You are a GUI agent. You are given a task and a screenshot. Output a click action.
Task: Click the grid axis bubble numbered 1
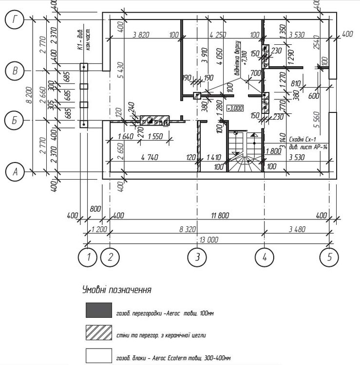click(x=88, y=257)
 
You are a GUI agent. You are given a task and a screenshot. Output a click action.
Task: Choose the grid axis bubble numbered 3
click(x=197, y=257)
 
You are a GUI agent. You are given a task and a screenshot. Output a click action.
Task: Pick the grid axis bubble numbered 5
click(x=329, y=257)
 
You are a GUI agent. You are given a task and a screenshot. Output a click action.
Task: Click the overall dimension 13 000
click(x=208, y=240)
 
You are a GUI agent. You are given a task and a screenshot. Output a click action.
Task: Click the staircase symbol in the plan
click(x=245, y=151)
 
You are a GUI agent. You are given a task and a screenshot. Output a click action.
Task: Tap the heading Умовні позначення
click(x=116, y=290)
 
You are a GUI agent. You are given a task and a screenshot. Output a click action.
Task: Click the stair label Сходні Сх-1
click(x=303, y=138)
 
